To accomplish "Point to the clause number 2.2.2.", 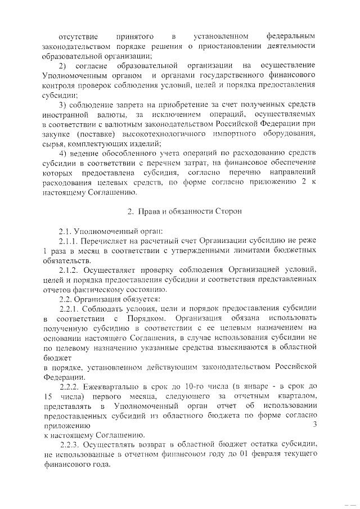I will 71,387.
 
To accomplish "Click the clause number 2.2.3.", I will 71,445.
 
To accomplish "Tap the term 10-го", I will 200,387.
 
